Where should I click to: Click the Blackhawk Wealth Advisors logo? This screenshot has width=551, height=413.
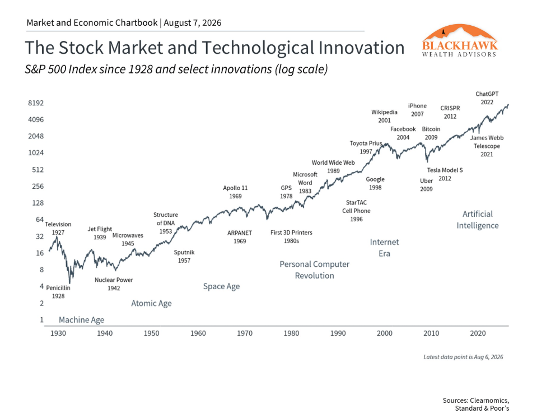click(x=460, y=40)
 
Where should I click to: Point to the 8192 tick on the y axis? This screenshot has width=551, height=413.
click(x=36, y=103)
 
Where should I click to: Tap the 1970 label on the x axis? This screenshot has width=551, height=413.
click(x=245, y=333)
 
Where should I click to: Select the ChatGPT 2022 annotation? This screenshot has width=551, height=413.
click(x=487, y=98)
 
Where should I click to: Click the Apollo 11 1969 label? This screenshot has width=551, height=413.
click(x=235, y=192)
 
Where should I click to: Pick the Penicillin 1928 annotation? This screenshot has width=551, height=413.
click(x=58, y=292)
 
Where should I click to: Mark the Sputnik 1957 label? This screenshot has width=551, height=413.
click(x=184, y=257)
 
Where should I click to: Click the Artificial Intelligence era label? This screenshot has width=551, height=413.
click(x=478, y=220)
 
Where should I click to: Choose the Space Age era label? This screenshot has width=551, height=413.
click(x=221, y=286)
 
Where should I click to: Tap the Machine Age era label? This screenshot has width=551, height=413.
click(x=82, y=320)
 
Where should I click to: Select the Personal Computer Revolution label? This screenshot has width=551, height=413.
click(x=315, y=270)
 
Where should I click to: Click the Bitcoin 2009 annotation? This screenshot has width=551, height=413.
click(x=431, y=133)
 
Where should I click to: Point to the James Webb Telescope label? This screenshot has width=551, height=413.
click(x=487, y=146)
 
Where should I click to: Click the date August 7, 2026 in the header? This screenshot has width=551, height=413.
click(x=193, y=23)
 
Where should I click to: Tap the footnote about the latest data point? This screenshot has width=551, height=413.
click(x=463, y=357)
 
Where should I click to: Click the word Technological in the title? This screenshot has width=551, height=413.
click(x=258, y=48)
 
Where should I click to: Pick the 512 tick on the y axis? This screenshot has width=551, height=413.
click(x=38, y=170)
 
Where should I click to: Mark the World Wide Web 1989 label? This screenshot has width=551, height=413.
click(x=334, y=167)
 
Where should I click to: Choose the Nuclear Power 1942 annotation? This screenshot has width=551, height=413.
click(x=114, y=284)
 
